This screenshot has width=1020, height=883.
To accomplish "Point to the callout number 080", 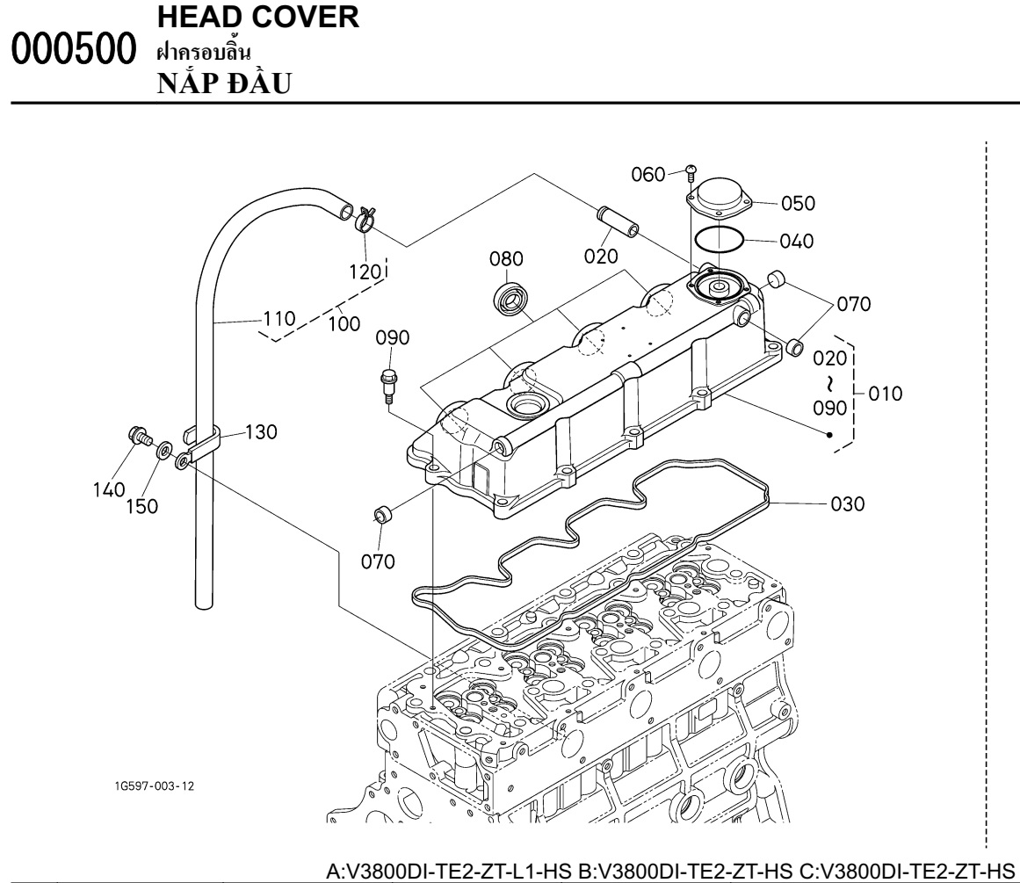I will coord(506,259).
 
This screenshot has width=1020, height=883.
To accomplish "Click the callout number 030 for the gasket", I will coord(847,504).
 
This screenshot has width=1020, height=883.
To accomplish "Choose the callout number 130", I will coord(261,431).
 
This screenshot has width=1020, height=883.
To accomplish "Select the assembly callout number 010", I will coord(887,394).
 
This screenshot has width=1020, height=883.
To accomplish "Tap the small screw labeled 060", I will coord(691,172).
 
